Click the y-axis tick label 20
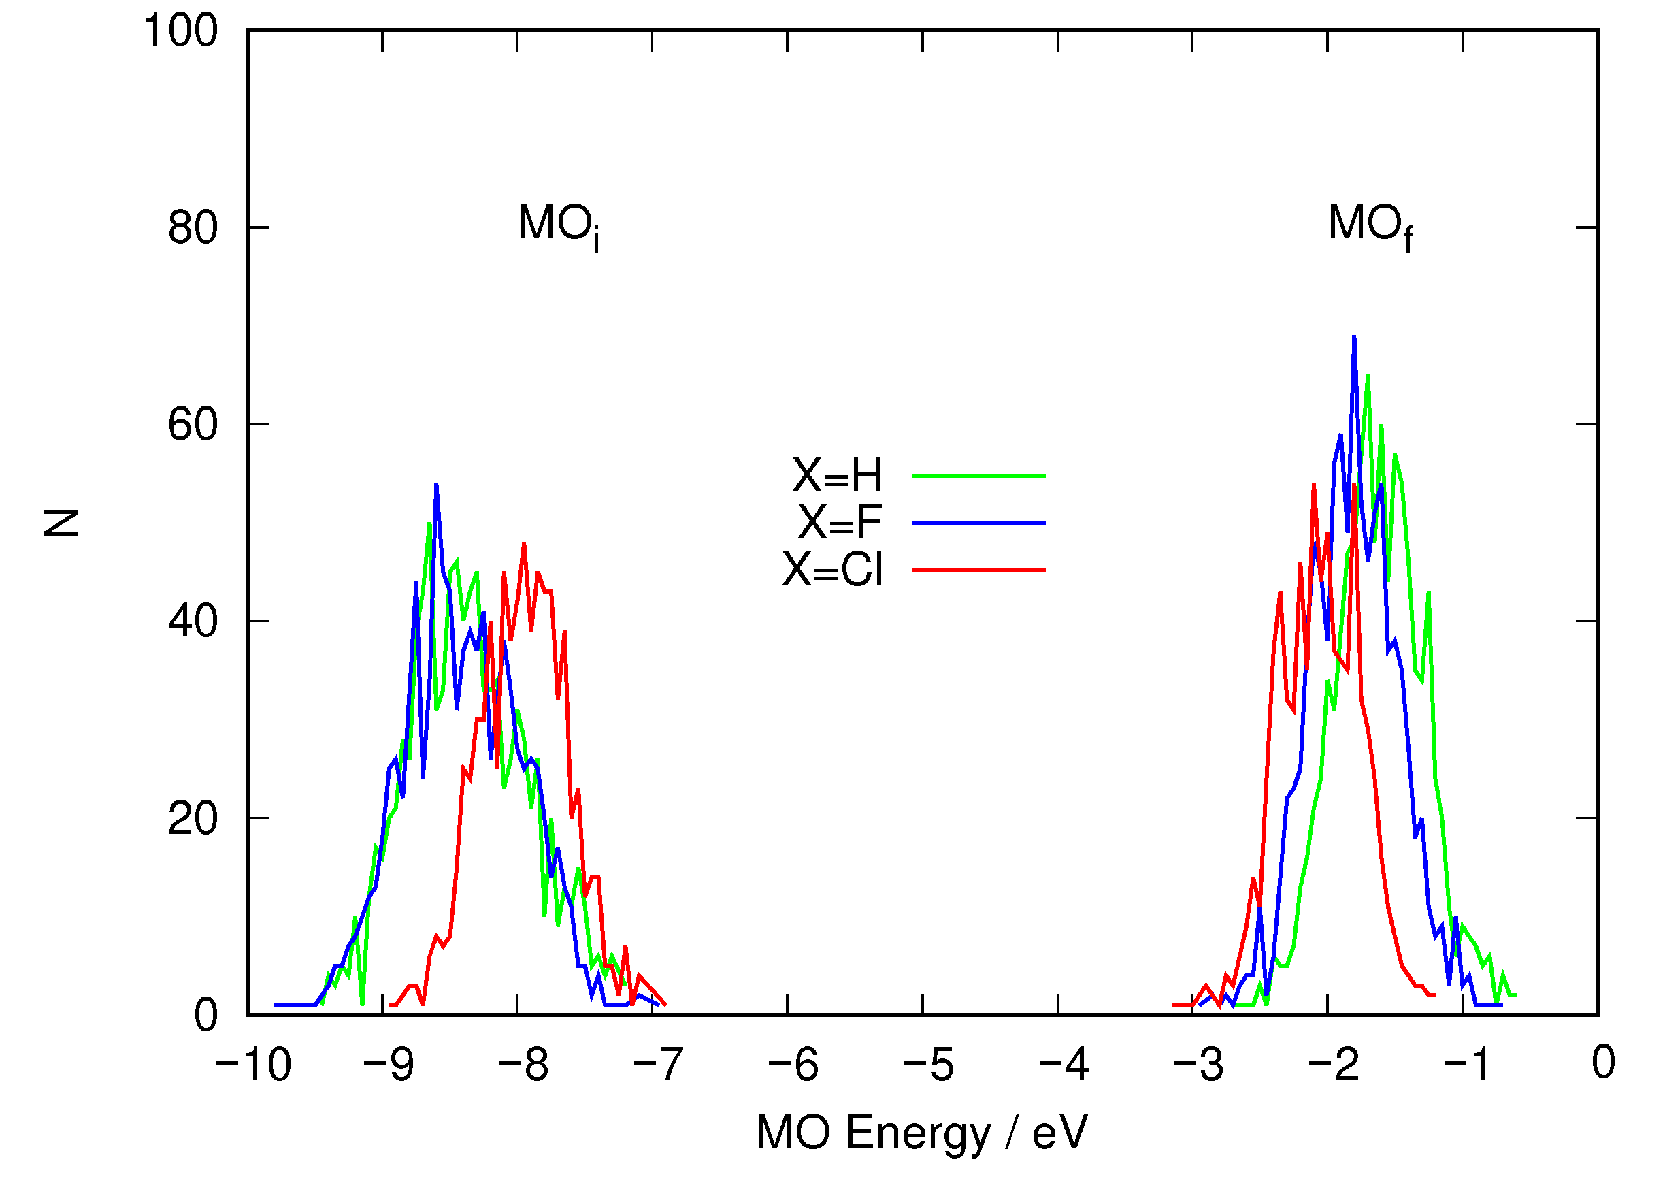[193, 819]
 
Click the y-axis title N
[61, 523]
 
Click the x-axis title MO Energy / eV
[921, 1132]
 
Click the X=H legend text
[836, 476]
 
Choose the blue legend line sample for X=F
[978, 522]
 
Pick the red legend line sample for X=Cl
[978, 570]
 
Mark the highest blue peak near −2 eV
[1354, 338]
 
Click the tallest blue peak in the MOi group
[436, 485]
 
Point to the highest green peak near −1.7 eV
[1368, 376]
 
